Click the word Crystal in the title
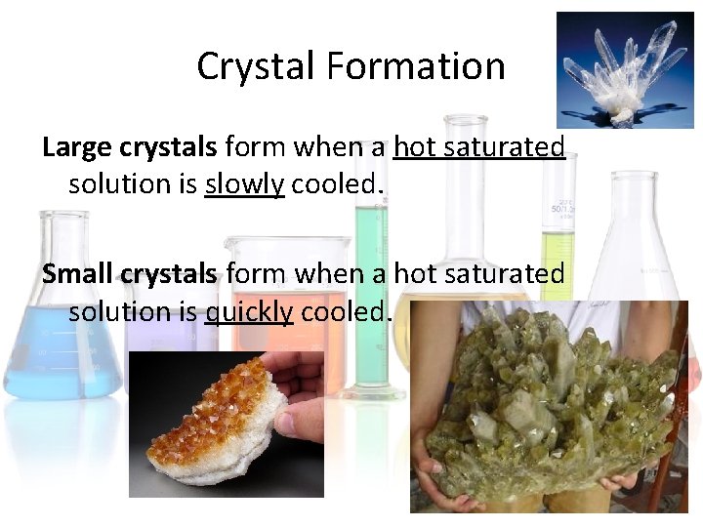click(256, 66)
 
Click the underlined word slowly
click(244, 184)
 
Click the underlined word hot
click(414, 147)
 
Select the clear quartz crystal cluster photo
click(625, 70)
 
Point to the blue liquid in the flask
click(59, 351)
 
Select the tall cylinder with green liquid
click(371, 293)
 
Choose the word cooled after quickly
click(346, 311)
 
